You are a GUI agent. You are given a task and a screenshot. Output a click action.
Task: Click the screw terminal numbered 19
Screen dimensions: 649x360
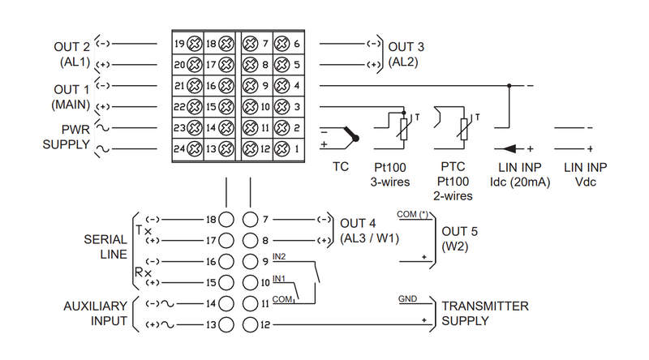194,44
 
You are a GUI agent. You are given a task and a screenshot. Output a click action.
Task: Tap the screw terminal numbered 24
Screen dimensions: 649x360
194,149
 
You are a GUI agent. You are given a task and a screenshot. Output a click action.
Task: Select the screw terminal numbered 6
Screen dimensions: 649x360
282,44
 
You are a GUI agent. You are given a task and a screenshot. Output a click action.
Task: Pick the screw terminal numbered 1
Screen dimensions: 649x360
282,149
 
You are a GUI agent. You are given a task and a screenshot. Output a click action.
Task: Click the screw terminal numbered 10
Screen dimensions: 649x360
250,107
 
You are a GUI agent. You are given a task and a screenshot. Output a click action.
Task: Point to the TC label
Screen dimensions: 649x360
341,167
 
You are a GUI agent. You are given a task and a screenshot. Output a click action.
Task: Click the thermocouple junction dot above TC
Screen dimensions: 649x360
355,138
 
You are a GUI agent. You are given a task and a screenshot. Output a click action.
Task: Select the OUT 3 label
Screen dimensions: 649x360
406,47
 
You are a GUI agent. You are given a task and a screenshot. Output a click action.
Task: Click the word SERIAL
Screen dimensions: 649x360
105,239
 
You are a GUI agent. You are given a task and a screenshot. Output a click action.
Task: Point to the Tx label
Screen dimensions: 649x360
144,230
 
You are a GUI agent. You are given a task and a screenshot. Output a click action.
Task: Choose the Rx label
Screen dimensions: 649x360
144,272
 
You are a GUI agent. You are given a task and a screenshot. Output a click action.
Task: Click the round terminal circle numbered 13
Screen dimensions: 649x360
226,325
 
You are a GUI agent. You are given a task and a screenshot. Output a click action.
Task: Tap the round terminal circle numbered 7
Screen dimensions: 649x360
250,220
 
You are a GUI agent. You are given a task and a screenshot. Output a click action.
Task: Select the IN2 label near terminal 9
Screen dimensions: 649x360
279,256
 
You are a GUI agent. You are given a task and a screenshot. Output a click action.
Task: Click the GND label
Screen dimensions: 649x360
408,298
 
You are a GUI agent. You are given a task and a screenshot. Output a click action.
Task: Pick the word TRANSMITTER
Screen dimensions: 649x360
485,306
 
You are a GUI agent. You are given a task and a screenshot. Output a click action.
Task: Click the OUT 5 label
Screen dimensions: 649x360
459,231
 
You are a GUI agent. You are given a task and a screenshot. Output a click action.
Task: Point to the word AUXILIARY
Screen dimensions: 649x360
95,306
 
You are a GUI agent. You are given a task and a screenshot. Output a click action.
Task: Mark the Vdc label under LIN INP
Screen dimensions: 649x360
585,182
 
